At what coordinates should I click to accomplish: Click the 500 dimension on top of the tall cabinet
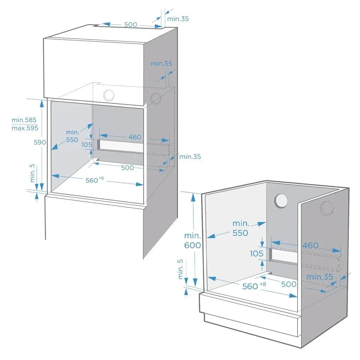(x=131, y=25)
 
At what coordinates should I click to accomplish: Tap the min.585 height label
(x=24, y=120)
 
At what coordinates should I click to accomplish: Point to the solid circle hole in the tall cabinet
(x=108, y=95)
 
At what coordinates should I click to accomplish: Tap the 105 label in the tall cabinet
(x=87, y=145)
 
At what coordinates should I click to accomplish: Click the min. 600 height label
(x=192, y=240)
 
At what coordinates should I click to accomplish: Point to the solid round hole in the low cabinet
(x=281, y=201)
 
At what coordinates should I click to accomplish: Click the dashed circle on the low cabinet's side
(x=327, y=209)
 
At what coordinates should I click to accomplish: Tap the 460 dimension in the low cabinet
(x=311, y=245)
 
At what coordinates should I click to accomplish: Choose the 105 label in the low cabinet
(x=257, y=253)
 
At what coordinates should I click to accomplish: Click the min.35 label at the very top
(x=178, y=19)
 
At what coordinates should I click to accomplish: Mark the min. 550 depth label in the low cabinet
(x=240, y=228)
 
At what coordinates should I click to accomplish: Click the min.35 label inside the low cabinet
(x=319, y=277)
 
